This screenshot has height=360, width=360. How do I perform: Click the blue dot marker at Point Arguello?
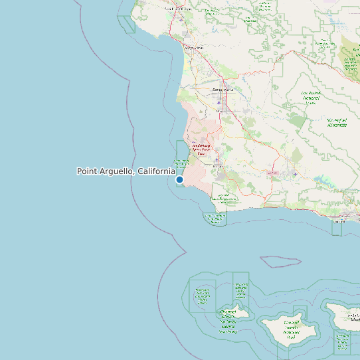179,179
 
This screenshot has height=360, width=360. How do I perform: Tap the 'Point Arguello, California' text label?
126,171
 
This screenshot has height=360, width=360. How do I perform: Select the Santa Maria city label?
223,90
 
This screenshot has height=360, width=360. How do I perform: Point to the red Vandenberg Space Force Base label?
201,149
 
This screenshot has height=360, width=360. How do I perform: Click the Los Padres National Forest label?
311,96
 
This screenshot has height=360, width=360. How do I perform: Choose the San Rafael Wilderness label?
337,122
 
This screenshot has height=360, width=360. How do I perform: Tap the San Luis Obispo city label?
179,9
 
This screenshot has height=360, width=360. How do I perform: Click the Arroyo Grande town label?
193,48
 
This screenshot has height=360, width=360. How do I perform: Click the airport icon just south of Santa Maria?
219,103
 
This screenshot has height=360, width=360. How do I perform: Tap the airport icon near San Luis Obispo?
181,19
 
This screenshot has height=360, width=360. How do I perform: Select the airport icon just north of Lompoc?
217,159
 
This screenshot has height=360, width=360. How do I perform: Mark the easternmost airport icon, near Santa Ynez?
295,174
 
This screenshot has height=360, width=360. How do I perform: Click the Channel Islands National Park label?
291,329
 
